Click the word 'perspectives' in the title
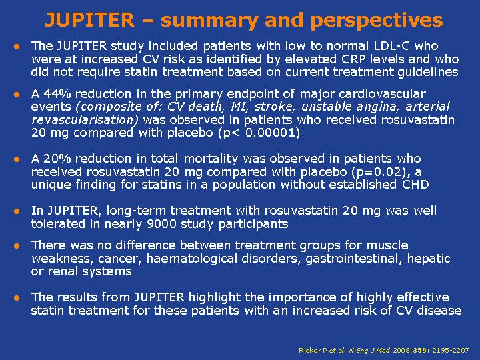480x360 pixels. pyautogui.click(x=377, y=21)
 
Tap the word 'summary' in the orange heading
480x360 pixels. pyautogui.click(x=209, y=21)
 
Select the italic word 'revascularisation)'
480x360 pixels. pyautogui.click(x=85, y=120)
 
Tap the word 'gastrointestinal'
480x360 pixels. pyautogui.click(x=353, y=259)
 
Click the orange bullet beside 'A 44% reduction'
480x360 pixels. pyautogui.click(x=17, y=94)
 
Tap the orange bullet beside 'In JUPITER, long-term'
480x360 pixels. pyautogui.click(x=17, y=211)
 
